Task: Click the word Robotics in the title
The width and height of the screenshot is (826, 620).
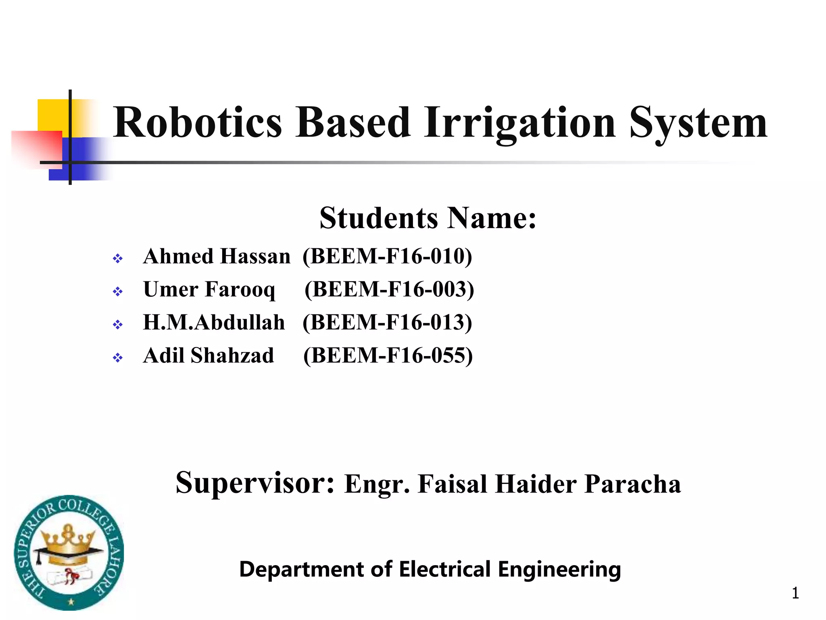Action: tap(197, 122)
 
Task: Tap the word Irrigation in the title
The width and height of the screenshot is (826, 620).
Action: tap(520, 122)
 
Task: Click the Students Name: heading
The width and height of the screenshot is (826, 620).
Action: tap(428, 218)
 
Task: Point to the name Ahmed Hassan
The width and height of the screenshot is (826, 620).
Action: tap(217, 256)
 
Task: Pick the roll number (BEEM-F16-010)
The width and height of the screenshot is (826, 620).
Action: tap(387, 256)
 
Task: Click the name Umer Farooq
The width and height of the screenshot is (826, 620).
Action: tap(209, 289)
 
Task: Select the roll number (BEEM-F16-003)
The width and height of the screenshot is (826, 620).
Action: tap(389, 289)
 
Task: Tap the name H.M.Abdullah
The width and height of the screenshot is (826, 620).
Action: tap(214, 323)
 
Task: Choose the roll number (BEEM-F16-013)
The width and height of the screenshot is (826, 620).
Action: tap(387, 323)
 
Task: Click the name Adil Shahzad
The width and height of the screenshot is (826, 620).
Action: tap(209, 356)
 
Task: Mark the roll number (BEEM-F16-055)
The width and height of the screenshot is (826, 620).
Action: tap(388, 356)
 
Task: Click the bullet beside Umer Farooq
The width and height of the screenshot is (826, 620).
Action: tap(118, 291)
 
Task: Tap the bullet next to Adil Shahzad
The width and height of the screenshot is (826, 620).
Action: tap(118, 358)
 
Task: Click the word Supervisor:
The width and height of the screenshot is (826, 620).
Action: tap(255, 483)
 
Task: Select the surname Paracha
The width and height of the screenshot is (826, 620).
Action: tap(632, 484)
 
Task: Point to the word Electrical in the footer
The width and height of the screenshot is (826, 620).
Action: tap(445, 569)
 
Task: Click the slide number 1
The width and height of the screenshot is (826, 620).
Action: tap(795, 593)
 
